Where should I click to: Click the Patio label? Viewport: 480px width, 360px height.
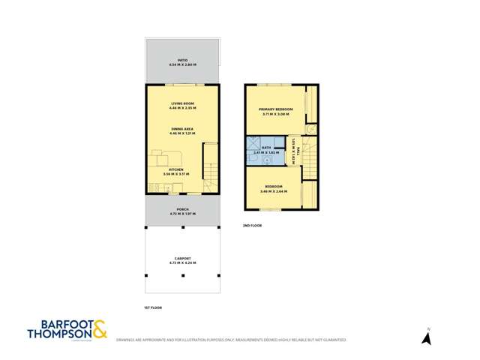(x=182, y=59)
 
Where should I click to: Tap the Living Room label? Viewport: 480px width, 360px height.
(x=182, y=103)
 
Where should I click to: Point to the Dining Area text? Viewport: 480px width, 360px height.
(x=182, y=129)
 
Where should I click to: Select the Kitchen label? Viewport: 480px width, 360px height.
(x=175, y=170)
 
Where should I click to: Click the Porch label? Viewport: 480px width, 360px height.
(x=182, y=209)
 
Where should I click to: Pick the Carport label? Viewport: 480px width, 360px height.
(x=182, y=259)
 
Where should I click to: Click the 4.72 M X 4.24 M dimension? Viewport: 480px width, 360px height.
(x=182, y=264)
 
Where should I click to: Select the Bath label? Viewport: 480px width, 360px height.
(x=266, y=148)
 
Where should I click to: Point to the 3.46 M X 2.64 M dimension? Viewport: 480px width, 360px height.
(x=274, y=190)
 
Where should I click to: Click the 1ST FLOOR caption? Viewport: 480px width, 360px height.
(x=153, y=307)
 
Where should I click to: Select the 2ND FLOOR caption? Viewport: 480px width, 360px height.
(x=252, y=225)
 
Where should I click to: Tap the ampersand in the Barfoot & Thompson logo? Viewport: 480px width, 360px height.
(x=100, y=328)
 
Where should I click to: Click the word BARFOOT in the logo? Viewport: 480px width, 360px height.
(x=60, y=325)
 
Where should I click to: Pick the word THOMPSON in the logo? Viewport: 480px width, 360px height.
(x=58, y=334)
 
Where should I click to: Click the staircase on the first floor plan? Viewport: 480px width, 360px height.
(x=211, y=176)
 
